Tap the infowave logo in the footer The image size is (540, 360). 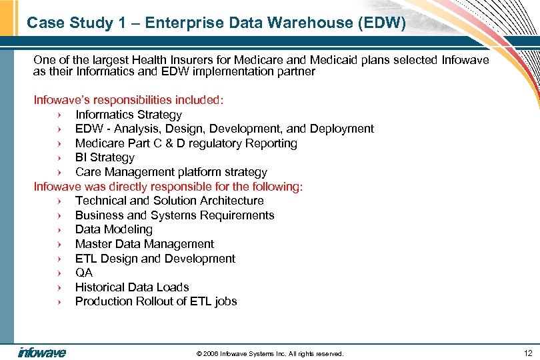[41, 353]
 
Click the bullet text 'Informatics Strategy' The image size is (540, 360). [128, 115]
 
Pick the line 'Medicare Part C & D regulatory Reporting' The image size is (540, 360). [186, 143]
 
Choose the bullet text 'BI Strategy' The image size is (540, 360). [105, 157]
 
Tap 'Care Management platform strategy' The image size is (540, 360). [171, 172]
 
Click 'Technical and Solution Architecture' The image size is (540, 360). [169, 201]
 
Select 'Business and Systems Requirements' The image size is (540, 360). [175, 215]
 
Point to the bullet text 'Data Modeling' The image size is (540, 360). [114, 229]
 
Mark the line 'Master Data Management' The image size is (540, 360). [145, 244]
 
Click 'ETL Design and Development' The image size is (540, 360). [155, 259]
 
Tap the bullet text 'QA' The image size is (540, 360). [84, 273]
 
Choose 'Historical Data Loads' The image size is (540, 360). [132, 287]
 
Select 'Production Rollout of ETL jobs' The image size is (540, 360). [156, 301]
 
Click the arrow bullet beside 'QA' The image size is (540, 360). [59, 273]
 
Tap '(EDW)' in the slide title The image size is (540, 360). [381, 23]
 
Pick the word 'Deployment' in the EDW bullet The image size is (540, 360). [342, 129]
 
